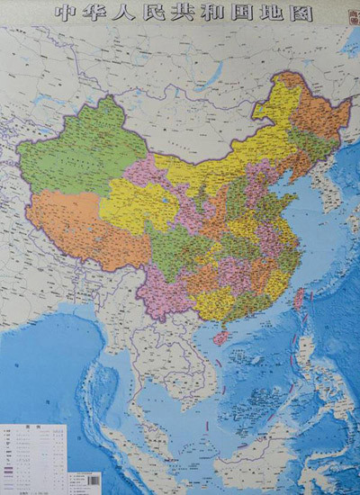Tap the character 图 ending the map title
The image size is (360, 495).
[x=301, y=13]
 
